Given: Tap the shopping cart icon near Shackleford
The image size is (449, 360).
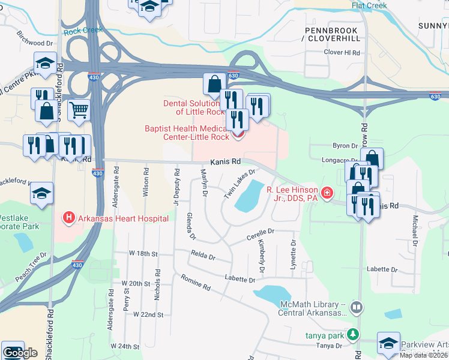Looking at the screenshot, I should (79, 110).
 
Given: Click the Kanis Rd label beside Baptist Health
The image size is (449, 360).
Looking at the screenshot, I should (225, 162).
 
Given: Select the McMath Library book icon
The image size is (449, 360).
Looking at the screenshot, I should (357, 308).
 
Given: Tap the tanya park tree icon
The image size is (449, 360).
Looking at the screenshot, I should (355, 334).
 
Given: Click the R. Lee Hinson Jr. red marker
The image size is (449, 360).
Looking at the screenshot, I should (327, 193).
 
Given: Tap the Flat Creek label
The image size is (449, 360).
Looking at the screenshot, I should (369, 6).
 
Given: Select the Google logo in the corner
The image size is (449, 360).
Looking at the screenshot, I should (20, 352).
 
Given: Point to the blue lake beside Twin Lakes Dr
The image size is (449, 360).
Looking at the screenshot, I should (251, 196).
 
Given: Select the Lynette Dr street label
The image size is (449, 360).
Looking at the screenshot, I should (294, 255).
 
